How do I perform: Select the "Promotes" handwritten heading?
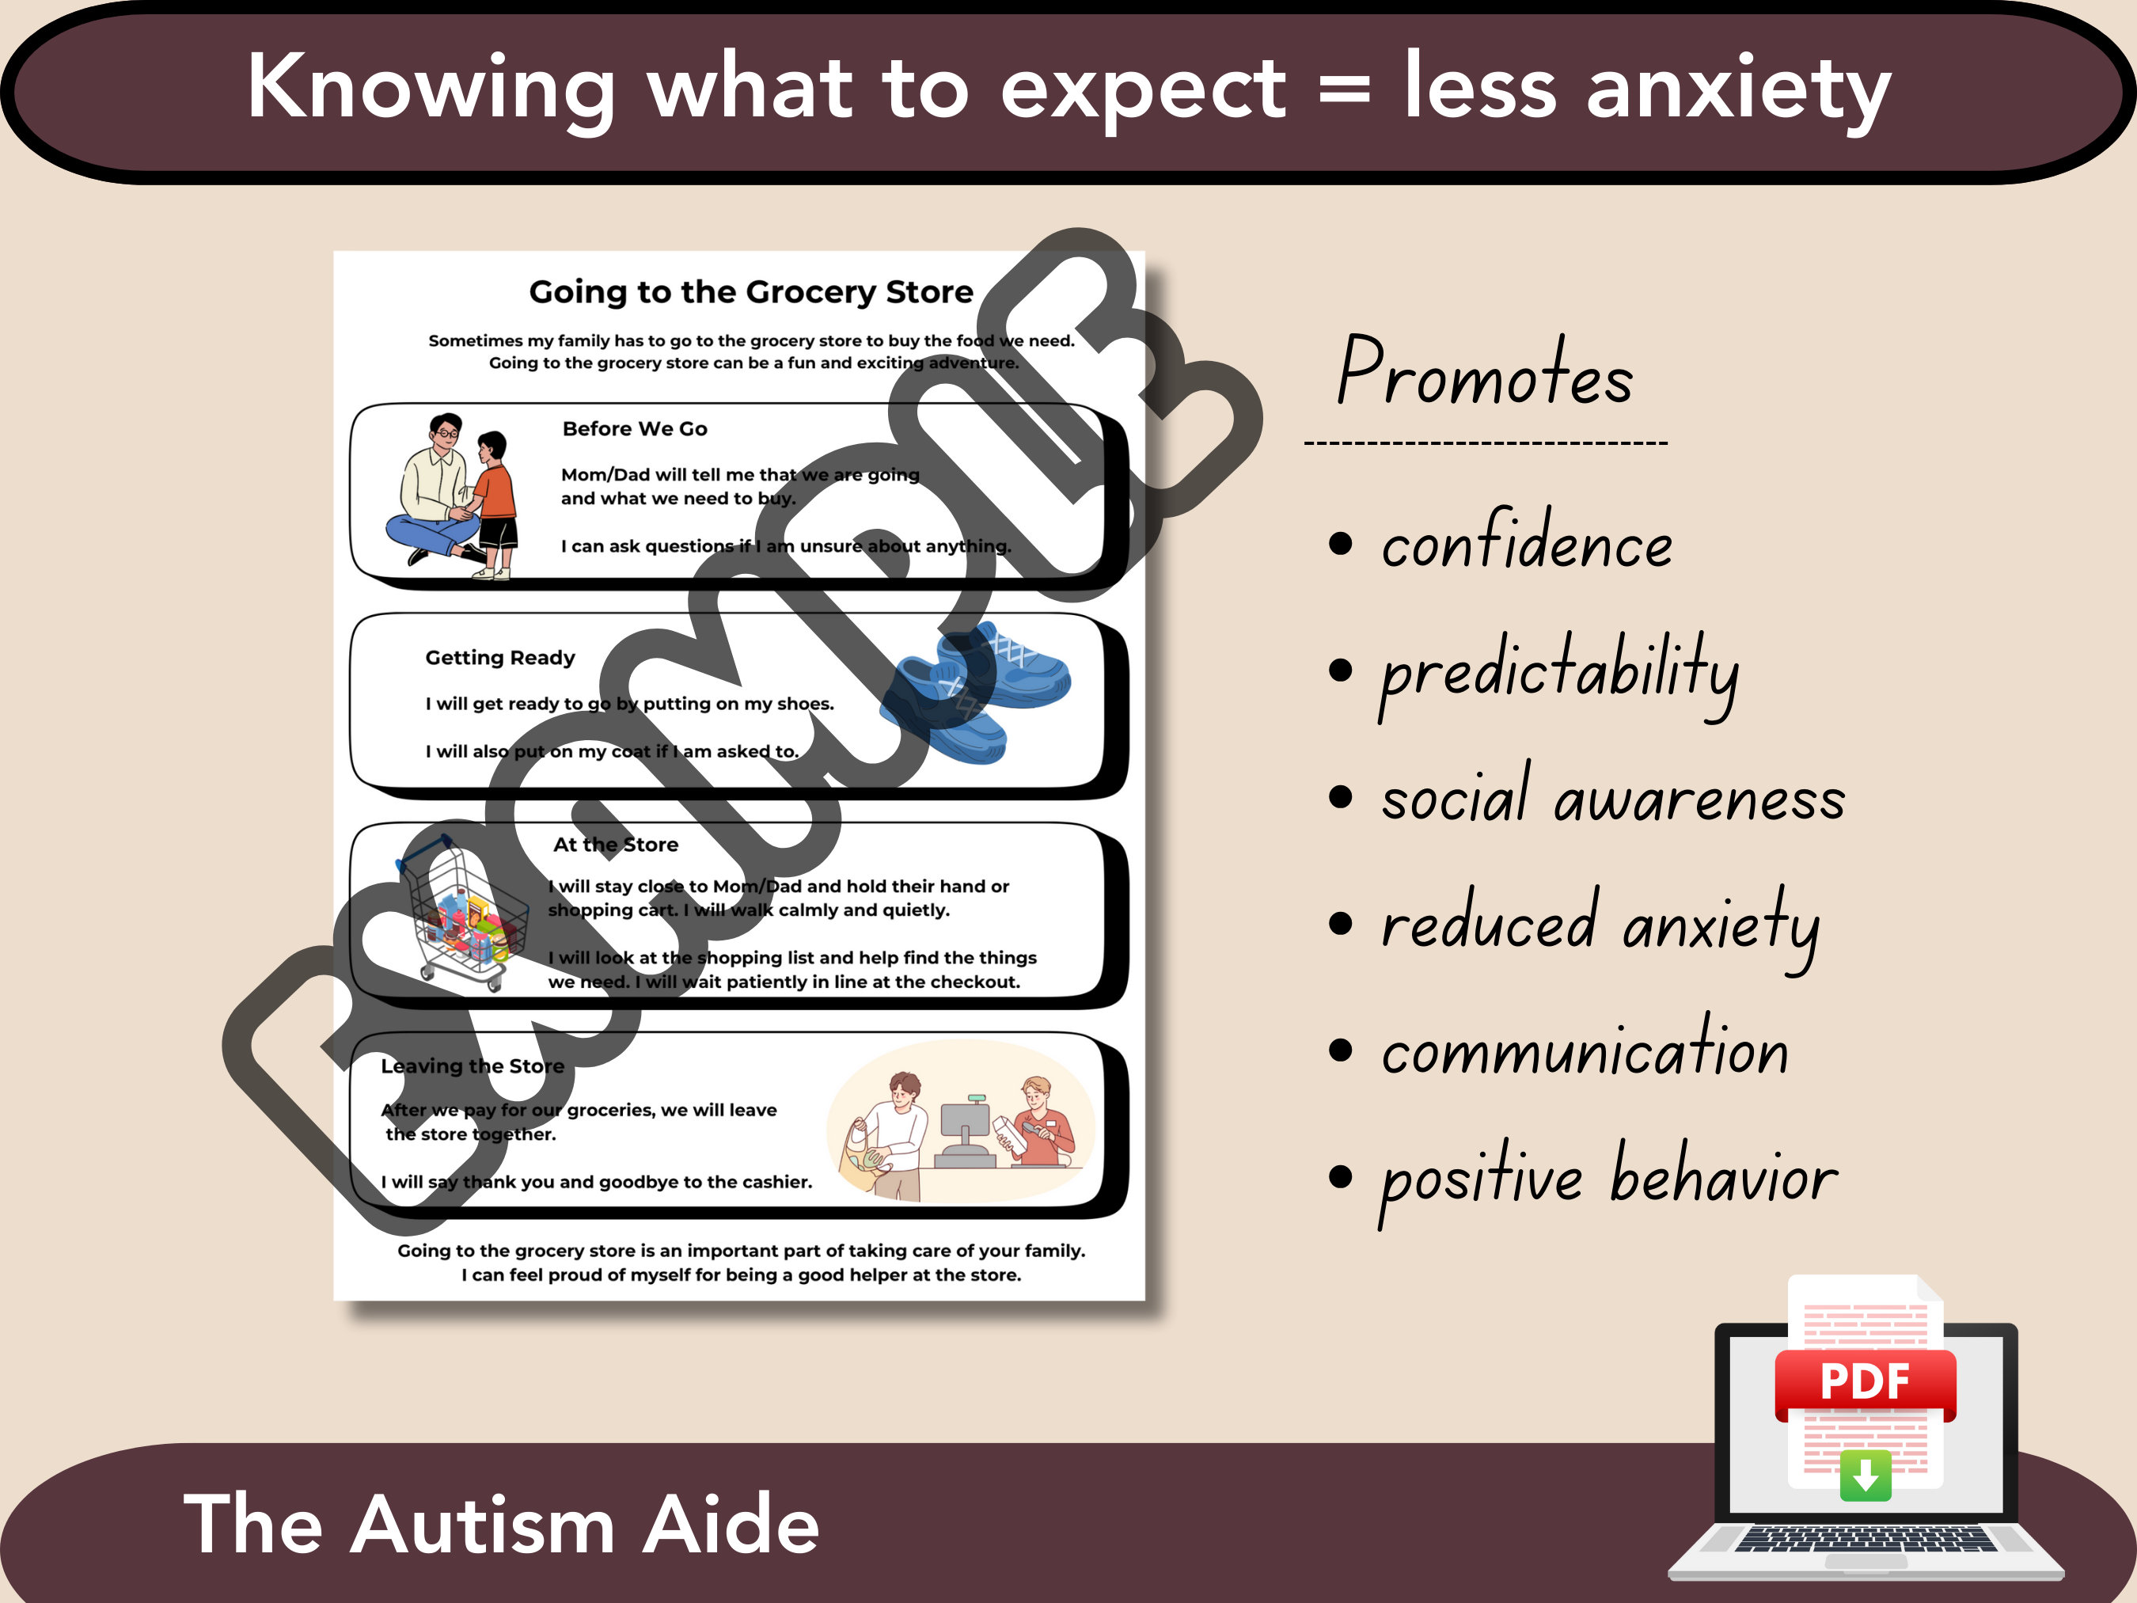pos(1485,372)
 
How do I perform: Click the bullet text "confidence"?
pos(1527,543)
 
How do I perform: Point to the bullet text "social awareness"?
pos(1612,798)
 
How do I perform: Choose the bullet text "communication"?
pos(1585,1050)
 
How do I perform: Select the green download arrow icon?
pos(1865,1475)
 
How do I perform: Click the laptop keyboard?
pos(1865,1539)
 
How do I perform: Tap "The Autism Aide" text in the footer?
pos(501,1525)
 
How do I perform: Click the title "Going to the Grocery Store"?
pos(750,292)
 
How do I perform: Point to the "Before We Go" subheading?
pos(635,429)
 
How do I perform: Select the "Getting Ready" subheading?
pos(499,658)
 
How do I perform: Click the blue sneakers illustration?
pos(976,691)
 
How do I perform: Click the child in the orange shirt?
pos(495,503)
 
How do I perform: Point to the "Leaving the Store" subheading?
pos(473,1066)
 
